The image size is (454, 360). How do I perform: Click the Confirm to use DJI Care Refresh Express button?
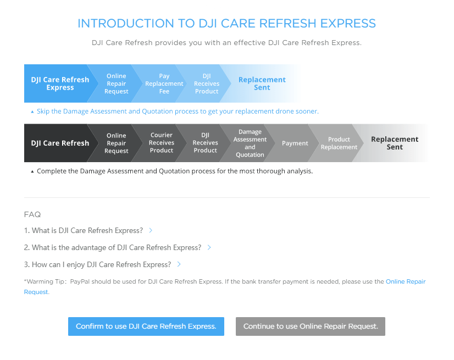[146, 326]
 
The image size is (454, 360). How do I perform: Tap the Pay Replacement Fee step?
[164, 84]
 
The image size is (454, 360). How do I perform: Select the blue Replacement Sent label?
[262, 84]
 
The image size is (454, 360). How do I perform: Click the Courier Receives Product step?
[161, 143]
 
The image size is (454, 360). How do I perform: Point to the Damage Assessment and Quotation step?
[250, 143]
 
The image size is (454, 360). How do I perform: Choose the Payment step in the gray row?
[295, 143]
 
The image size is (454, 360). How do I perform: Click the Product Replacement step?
[339, 143]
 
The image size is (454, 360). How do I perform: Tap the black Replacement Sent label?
[395, 143]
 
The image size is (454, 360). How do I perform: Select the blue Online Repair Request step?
[116, 84]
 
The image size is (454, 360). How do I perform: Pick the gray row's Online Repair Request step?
[116, 143]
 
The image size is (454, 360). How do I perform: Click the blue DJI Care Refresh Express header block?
[60, 84]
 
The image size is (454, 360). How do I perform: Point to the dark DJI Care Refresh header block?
[60, 143]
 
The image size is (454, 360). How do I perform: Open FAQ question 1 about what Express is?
[84, 230]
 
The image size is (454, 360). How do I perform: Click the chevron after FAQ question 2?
[209, 247]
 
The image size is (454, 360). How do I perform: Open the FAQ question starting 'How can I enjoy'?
[98, 264]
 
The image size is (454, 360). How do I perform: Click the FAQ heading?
[32, 214]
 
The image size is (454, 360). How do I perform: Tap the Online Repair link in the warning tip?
[406, 281]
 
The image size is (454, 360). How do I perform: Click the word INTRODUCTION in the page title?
[126, 24]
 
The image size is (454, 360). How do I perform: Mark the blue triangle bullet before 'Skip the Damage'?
[32, 112]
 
